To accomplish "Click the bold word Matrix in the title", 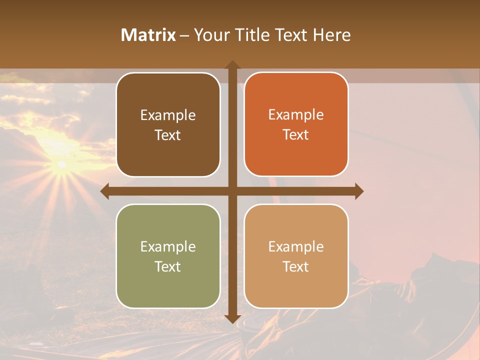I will (x=148, y=35).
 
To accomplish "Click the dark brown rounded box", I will (x=168, y=124).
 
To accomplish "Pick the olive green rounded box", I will (x=168, y=256).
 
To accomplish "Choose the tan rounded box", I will (x=296, y=256).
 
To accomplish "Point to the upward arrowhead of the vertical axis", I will (x=232, y=65).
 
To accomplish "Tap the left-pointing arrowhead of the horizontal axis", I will (x=105, y=191).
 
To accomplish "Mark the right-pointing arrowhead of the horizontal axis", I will (x=358, y=191).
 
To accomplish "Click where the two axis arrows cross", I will (x=232, y=191).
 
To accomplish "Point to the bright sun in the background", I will (x=61, y=164).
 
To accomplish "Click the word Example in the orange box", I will (x=296, y=114).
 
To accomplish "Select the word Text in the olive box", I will (x=167, y=266).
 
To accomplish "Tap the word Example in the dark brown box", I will (x=168, y=115).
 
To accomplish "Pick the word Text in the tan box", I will (x=296, y=266).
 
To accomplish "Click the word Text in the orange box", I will (x=296, y=134).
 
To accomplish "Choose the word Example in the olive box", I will (x=168, y=246).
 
